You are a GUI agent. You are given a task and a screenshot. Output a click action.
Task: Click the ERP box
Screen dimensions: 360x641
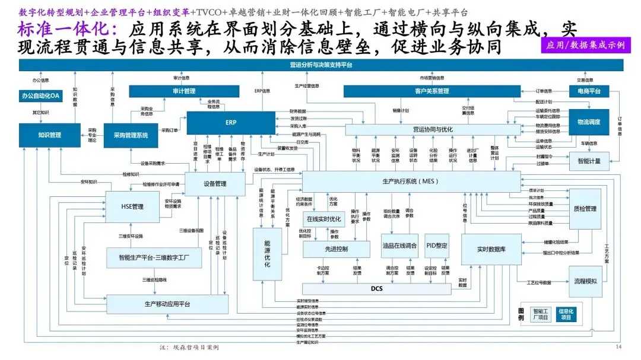(230, 123)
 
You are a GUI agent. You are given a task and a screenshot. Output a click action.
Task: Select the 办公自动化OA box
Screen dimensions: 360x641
(40, 95)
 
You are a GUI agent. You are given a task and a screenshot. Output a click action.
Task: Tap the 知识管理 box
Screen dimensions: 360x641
(49, 135)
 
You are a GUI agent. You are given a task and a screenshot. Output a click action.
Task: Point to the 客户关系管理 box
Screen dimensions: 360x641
(431, 91)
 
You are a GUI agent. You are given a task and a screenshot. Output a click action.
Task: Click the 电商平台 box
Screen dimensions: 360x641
(589, 91)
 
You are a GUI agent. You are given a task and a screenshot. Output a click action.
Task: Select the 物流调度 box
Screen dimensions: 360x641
(589, 122)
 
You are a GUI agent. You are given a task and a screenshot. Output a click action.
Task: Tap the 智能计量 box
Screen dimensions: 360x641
(589, 161)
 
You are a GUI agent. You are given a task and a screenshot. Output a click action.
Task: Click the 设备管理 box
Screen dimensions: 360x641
(214, 184)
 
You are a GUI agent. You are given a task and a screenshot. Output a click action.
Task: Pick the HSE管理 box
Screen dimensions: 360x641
(132, 207)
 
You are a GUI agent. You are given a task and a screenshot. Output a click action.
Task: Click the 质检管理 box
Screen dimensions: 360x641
(585, 209)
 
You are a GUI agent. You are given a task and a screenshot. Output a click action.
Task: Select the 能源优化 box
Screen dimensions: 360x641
(267, 254)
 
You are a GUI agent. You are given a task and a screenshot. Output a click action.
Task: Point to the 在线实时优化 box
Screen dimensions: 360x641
(323, 219)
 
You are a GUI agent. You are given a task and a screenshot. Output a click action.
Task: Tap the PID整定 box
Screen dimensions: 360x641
(437, 246)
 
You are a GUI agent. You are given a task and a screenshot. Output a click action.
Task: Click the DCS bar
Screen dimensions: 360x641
(377, 289)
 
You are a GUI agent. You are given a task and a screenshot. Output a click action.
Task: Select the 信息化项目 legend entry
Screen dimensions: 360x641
(568, 314)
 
